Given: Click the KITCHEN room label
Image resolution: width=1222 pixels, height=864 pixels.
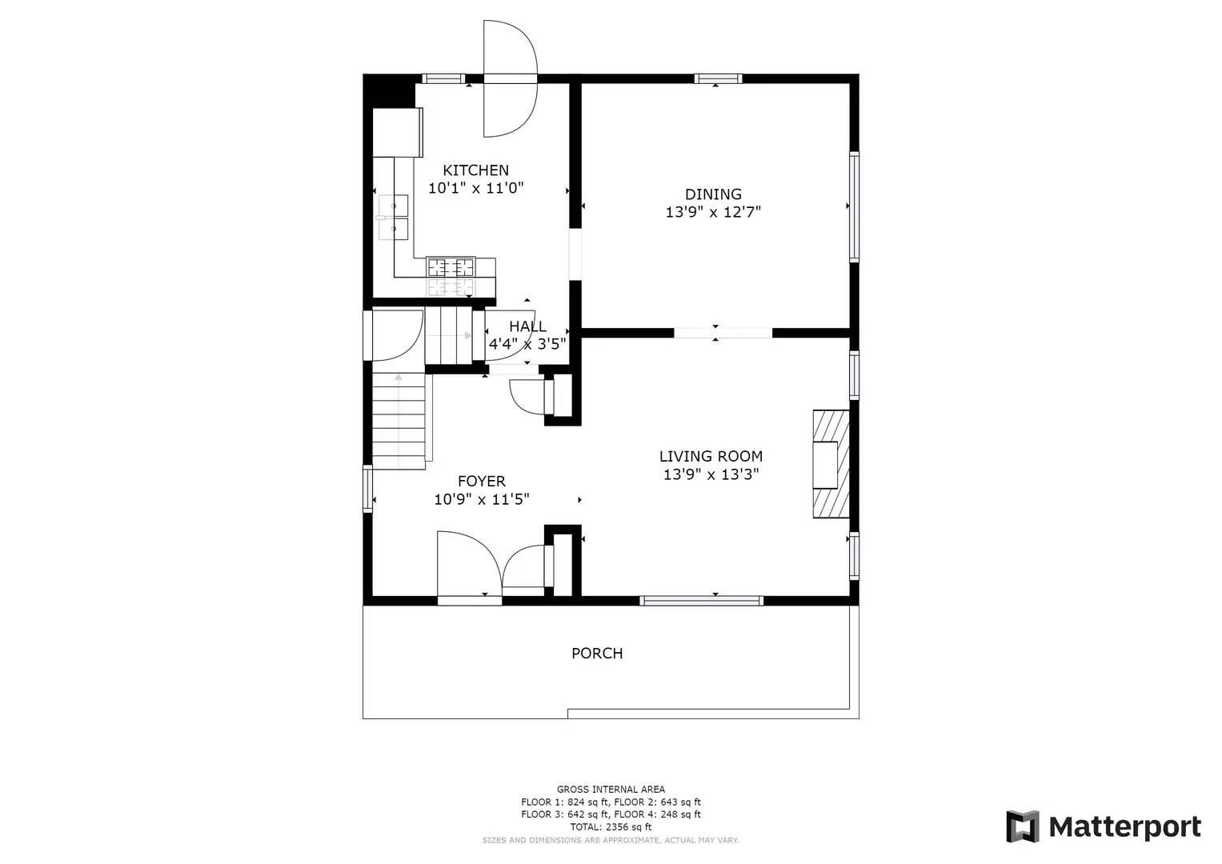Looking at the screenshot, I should (x=475, y=170).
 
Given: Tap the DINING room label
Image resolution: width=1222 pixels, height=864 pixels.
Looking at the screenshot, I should (x=713, y=194).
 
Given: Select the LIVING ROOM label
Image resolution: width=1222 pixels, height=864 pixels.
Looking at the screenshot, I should (x=711, y=456).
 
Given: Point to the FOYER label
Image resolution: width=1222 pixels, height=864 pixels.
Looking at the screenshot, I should (x=481, y=481).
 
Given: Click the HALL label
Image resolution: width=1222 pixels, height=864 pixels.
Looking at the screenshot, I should (x=527, y=326).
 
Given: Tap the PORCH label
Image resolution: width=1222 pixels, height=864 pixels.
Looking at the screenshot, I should (x=597, y=654).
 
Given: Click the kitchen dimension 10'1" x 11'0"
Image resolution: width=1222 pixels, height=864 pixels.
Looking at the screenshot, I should (x=475, y=189).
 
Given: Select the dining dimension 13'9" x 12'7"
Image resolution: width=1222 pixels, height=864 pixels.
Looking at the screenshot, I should (x=713, y=213).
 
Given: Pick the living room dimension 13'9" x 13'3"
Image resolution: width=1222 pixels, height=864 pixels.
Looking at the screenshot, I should (x=711, y=474).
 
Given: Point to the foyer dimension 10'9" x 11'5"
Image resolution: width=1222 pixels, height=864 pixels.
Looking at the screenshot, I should (x=481, y=500).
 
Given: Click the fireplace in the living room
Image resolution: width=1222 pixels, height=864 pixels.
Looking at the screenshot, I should (x=831, y=464).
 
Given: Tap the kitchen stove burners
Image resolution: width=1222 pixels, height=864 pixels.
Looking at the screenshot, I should (x=451, y=267).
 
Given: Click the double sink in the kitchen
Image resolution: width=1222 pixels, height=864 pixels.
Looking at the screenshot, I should (x=393, y=218).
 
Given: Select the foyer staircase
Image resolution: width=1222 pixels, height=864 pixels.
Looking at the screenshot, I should (x=399, y=422).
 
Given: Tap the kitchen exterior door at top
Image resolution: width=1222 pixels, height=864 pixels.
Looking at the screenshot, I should (x=509, y=78).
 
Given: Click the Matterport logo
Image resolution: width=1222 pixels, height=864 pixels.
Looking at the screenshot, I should (x=1104, y=826).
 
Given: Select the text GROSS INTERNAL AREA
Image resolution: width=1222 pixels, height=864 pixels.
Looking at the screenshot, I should (x=611, y=790).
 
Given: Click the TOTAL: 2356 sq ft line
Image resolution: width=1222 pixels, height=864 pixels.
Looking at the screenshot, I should (x=611, y=827).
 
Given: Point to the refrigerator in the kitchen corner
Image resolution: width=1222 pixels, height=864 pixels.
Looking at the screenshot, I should (x=397, y=133).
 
